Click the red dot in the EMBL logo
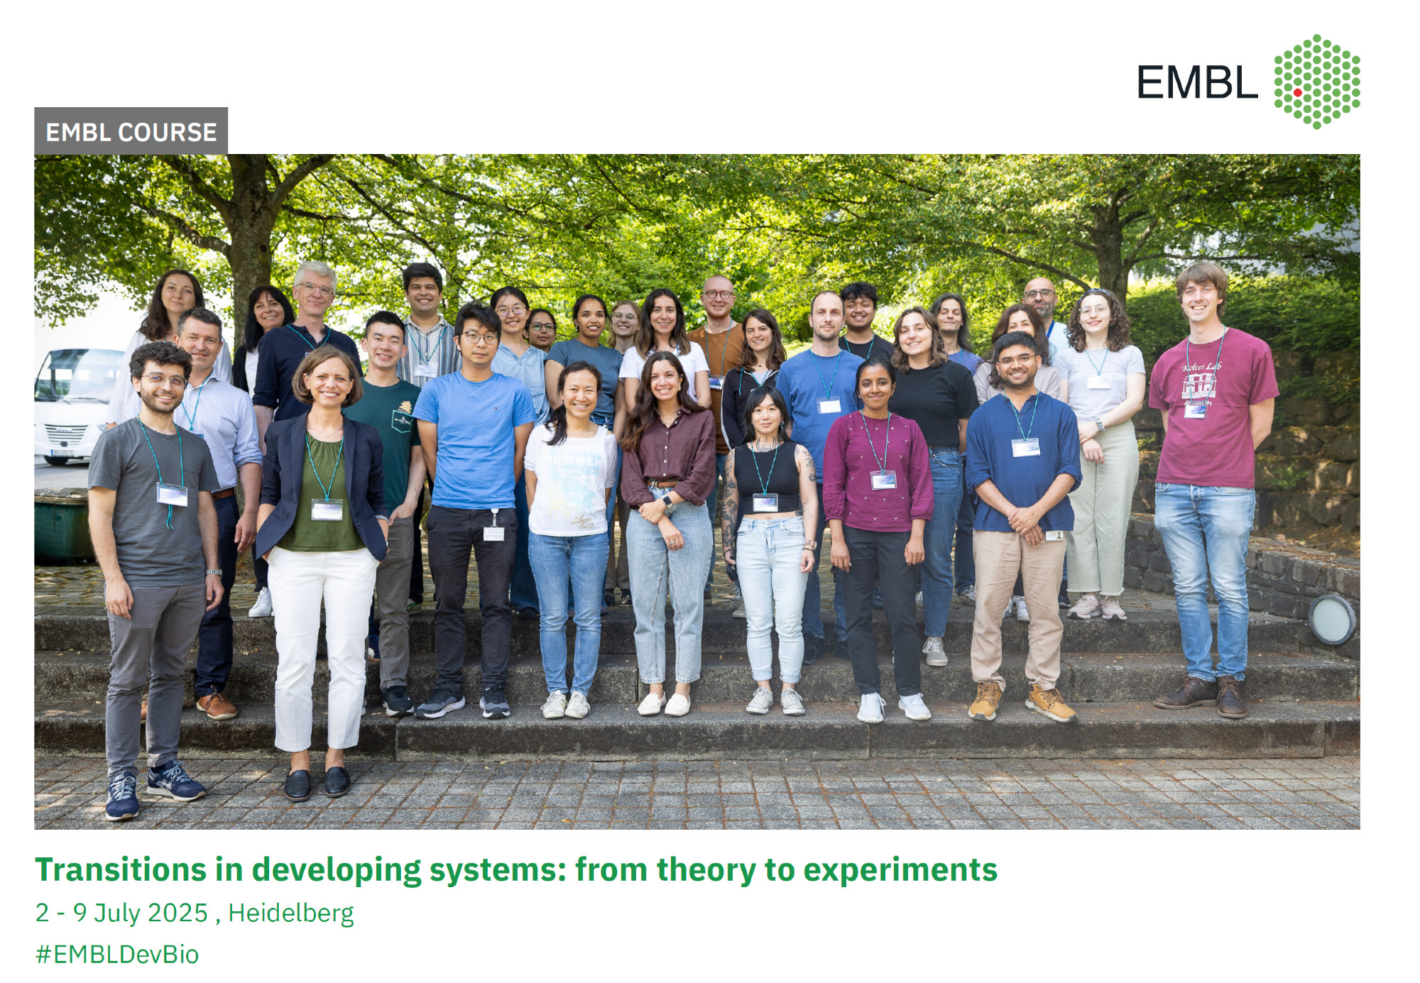(1298, 93)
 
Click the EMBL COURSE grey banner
(131, 131)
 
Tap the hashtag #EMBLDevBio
(117, 954)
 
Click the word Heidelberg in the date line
(291, 913)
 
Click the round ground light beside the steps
(1331, 620)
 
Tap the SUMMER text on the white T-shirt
(574, 461)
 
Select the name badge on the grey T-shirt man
(172, 494)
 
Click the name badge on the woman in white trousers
(327, 510)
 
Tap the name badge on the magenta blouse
(883, 480)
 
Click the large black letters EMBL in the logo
(1197, 83)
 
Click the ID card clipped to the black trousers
(493, 533)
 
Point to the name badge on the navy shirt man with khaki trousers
(1025, 447)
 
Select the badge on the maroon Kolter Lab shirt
(1195, 410)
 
